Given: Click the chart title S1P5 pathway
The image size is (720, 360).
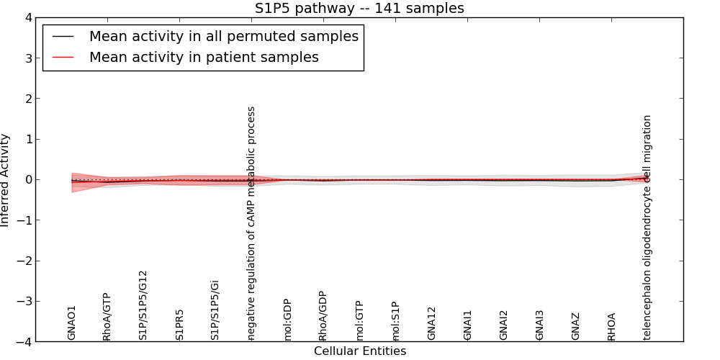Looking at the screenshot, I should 359,9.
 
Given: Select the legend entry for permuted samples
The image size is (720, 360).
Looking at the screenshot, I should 223,37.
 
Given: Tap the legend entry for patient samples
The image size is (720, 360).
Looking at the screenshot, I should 204,57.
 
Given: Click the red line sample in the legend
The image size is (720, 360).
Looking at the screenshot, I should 63,57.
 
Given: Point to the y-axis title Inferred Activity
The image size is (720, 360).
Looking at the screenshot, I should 6,180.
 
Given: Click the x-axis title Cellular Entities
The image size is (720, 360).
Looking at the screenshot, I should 359,351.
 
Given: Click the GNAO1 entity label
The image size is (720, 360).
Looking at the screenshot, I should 71,323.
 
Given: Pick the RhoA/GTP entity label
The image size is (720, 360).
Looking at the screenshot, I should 107,317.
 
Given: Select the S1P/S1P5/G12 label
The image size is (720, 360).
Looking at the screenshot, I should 143,305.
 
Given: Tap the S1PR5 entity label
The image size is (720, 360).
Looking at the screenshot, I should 179,325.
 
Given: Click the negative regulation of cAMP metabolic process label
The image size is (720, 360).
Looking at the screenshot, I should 251,223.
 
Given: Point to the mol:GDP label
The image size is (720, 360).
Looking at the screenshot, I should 287,320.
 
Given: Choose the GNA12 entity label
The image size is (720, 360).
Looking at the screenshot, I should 431,323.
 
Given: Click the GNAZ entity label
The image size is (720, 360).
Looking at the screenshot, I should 575,325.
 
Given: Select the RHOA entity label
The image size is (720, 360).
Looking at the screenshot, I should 611,326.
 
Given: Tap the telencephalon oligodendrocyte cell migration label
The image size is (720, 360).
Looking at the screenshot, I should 647,227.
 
